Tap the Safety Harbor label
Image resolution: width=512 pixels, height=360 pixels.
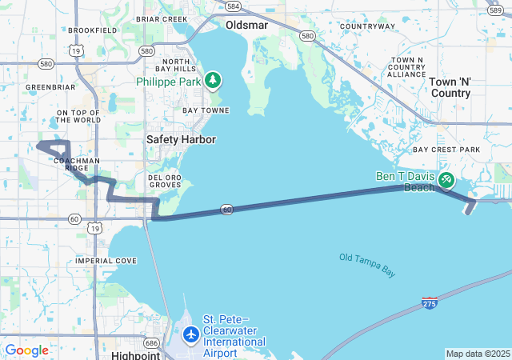pos(181,139)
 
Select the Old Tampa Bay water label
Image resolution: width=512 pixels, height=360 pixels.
pos(367,265)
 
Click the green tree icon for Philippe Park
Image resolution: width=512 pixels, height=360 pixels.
pos(212,80)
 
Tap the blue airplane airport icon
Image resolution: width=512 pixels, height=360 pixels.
pos(190,334)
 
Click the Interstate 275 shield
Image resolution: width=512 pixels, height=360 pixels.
pos(430,304)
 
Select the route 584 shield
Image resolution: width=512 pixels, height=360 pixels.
pos(233,6)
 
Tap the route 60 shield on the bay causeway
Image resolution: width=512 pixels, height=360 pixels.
pos(227,210)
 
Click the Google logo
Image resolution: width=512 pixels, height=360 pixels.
pos(27,350)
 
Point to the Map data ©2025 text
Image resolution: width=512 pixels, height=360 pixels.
pos(478,354)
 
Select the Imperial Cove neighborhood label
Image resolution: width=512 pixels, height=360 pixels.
pos(106,261)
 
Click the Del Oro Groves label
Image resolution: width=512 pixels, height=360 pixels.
pos(165,180)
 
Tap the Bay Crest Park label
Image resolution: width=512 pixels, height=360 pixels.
pos(446,150)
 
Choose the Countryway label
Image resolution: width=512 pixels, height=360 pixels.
pos(367,26)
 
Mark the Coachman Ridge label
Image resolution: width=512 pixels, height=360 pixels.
pos(77,164)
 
